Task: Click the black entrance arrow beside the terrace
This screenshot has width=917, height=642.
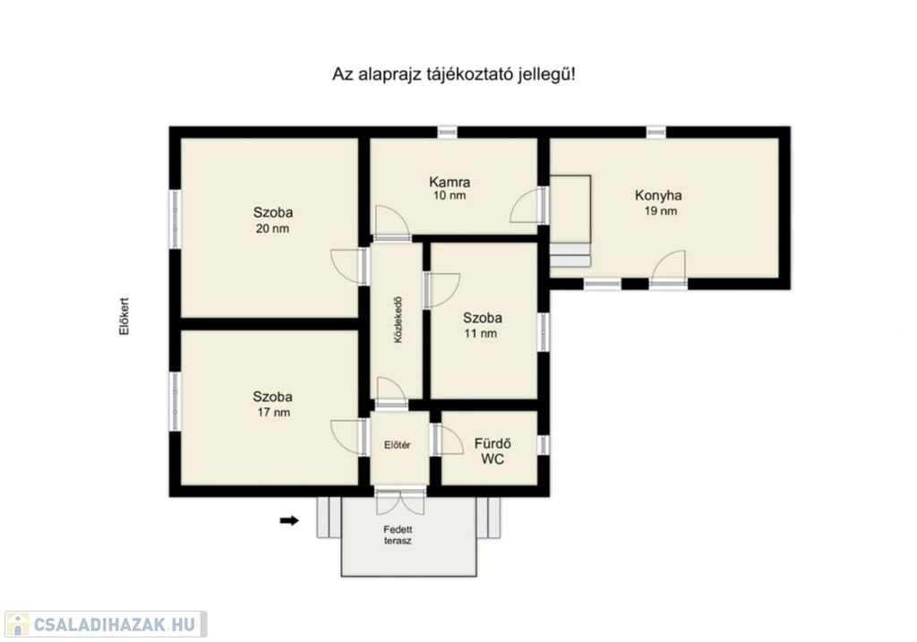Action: [289, 520]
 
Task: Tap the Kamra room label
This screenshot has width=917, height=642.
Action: [450, 182]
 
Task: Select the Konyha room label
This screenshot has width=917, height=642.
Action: [658, 195]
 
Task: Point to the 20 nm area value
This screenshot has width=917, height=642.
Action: [272, 228]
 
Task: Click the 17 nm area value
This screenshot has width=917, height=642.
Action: [273, 412]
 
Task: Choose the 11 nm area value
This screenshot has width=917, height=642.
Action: [481, 333]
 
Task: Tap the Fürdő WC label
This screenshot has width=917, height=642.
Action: [493, 451]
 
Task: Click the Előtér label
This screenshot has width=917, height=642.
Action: [397, 445]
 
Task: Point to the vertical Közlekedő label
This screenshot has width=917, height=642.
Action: [399, 320]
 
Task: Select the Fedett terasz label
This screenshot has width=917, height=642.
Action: [398, 535]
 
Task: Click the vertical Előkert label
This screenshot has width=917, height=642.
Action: [124, 316]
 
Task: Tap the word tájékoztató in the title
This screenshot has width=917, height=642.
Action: [465, 75]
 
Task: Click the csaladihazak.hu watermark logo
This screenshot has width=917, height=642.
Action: [106, 624]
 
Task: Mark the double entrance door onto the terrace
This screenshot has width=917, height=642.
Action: [400, 501]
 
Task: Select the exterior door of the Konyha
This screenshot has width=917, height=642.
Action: [668, 269]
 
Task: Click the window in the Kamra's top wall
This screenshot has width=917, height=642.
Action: [448, 133]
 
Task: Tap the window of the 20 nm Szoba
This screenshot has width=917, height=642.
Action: [175, 219]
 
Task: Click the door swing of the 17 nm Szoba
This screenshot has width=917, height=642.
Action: [349, 436]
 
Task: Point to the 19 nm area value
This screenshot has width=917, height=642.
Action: [661, 211]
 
